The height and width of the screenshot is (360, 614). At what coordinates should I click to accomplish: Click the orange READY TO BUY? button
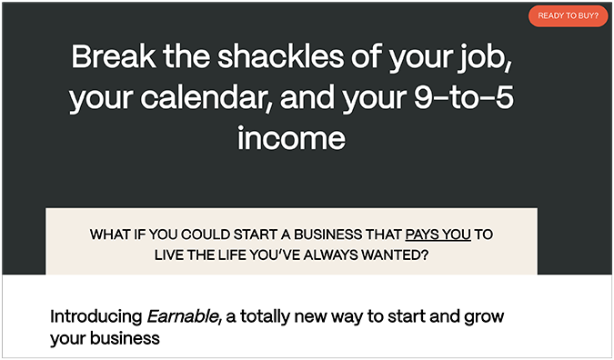tap(568, 15)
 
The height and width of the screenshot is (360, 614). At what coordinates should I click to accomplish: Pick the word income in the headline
tap(291, 139)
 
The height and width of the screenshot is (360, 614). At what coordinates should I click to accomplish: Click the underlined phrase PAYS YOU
tap(438, 235)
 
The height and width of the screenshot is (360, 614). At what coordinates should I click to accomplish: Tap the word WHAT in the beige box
tap(111, 235)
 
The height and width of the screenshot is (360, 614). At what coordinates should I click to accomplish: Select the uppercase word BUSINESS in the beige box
tap(360, 235)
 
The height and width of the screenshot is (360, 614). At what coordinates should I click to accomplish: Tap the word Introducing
tap(96, 318)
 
